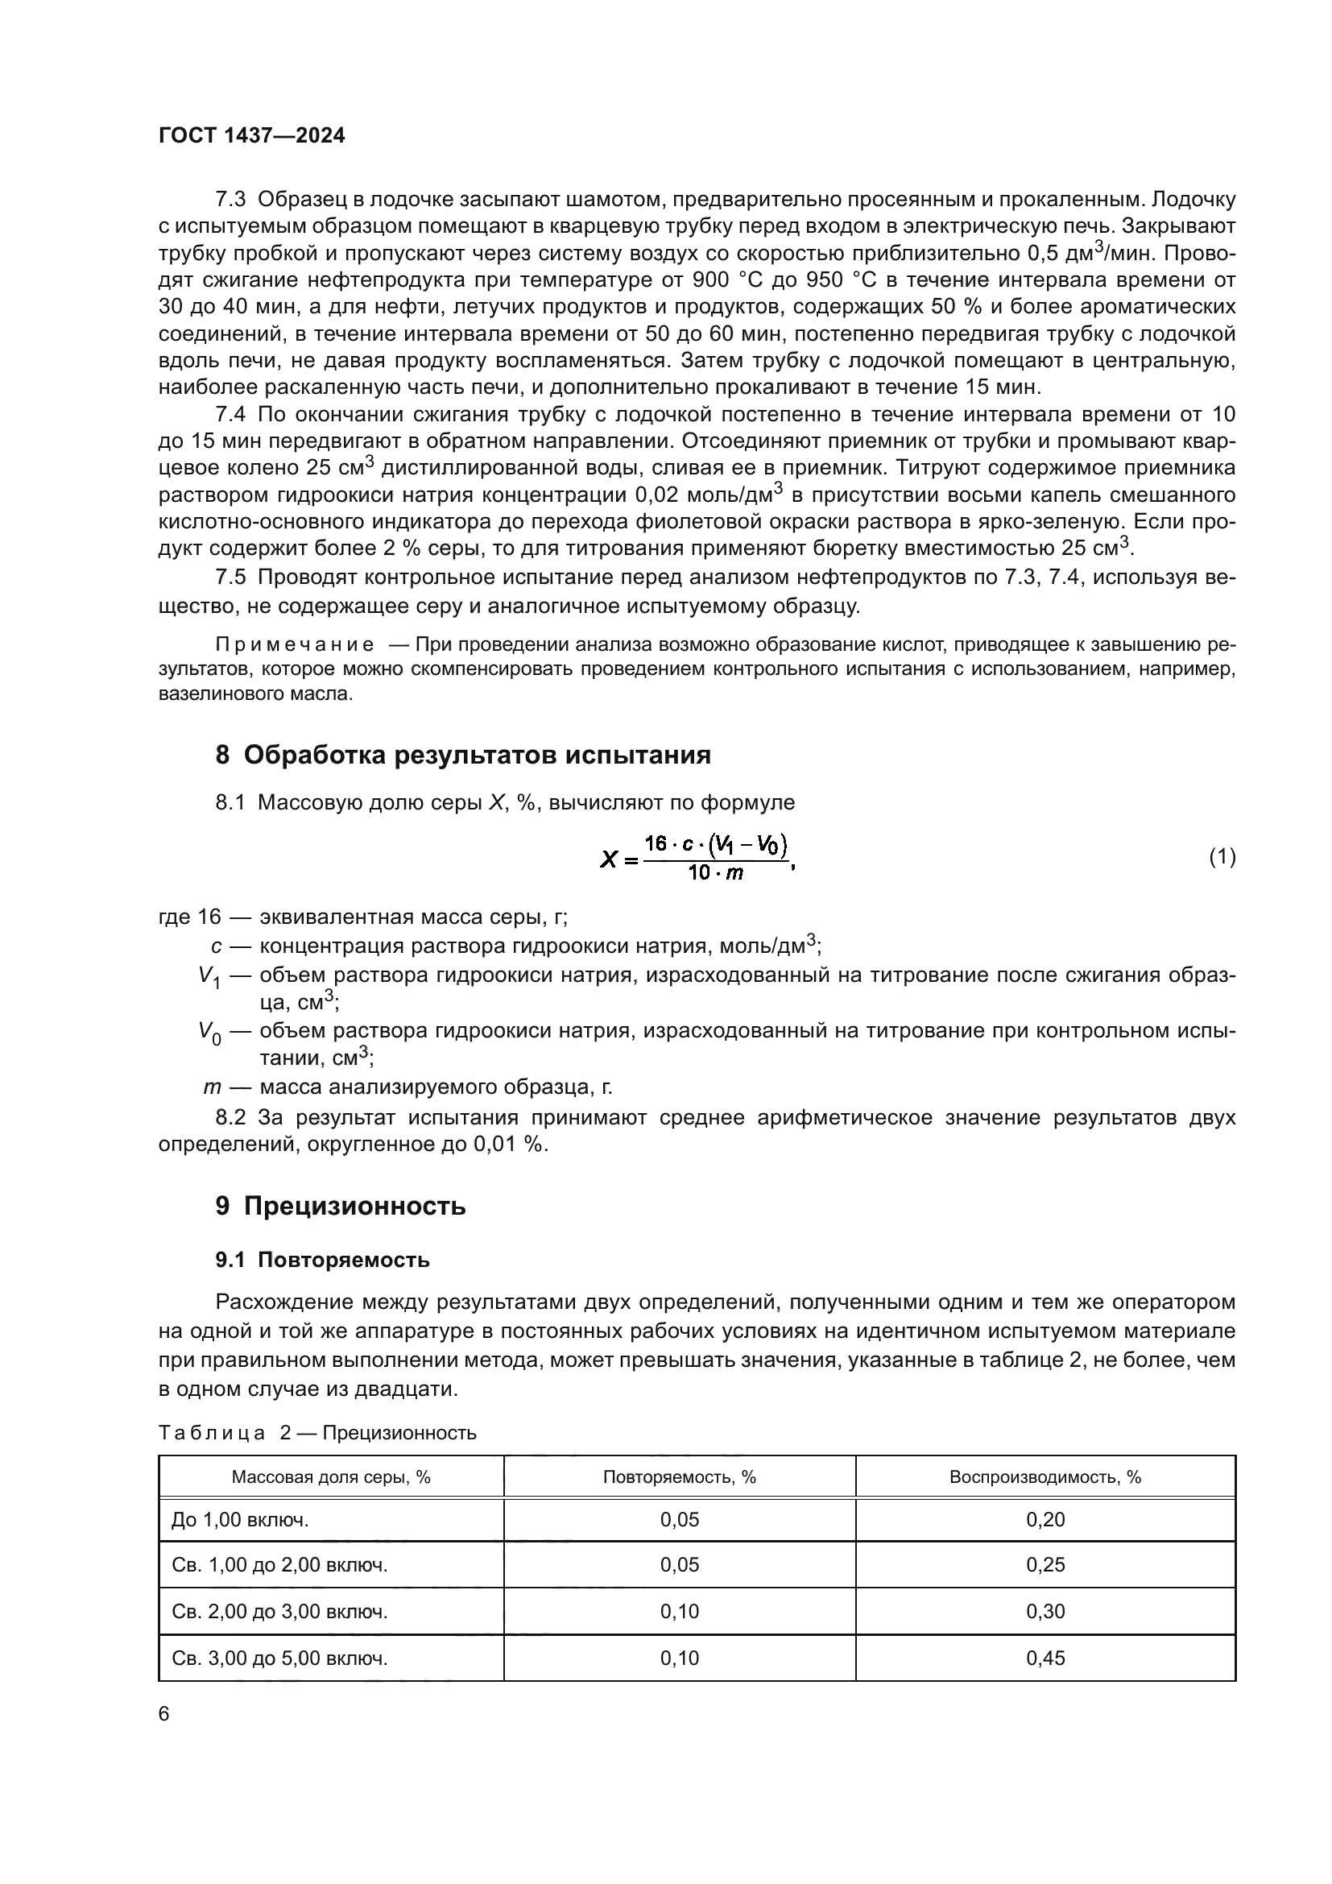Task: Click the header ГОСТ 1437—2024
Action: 252,135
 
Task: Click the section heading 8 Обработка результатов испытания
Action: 462,754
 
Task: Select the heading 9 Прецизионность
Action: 341,1206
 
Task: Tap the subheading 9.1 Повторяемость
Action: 322,1260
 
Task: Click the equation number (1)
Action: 1222,857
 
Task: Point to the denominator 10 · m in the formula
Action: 715,873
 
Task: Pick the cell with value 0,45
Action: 1045,1658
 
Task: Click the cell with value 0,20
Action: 1045,1520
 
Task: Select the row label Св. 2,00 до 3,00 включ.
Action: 279,1612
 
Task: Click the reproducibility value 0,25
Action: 1045,1565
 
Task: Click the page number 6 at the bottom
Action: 164,1714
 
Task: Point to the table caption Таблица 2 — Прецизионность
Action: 316,1433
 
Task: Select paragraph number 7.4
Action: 230,414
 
